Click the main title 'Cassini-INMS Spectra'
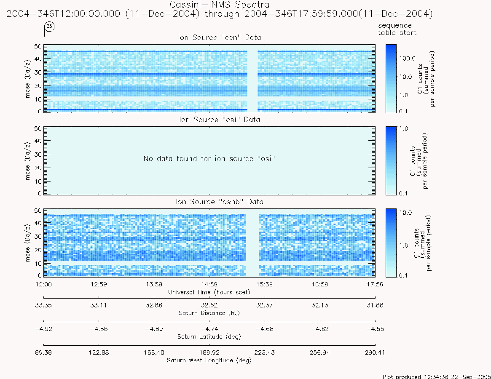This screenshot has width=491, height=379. (x=220, y=5)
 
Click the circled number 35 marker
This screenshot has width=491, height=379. (x=49, y=26)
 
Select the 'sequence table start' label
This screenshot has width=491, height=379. (x=397, y=29)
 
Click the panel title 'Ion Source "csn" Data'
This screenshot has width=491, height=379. (x=220, y=37)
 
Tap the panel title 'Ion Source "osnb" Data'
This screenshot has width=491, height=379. (x=220, y=202)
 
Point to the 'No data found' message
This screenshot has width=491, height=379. (x=209, y=159)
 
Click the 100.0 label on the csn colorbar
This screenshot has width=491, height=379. (x=408, y=59)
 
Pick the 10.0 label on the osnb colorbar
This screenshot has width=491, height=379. (x=406, y=213)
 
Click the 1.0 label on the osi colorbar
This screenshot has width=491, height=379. (x=404, y=128)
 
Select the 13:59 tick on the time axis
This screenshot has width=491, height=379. (x=154, y=284)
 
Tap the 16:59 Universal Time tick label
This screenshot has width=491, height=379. (x=320, y=284)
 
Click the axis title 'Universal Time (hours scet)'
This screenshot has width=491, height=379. (x=209, y=292)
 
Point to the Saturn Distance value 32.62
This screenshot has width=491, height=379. (x=209, y=305)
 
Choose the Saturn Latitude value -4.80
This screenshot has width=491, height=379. (x=154, y=329)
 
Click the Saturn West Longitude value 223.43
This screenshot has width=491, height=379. (x=265, y=353)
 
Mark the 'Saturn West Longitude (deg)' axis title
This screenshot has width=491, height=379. (x=209, y=360)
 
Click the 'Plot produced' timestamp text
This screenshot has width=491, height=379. (x=437, y=376)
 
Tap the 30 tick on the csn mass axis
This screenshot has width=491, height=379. (x=38, y=72)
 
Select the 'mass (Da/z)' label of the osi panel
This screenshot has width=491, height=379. (x=27, y=161)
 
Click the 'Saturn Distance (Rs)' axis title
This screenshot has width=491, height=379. (x=209, y=313)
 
